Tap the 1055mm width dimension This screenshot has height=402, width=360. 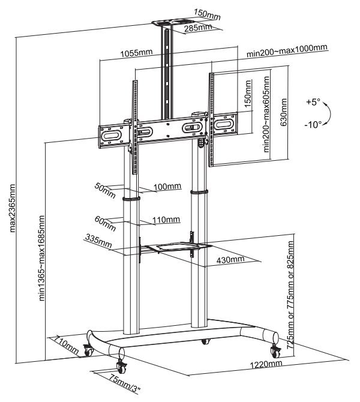tap(137, 53)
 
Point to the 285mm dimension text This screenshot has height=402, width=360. tap(199, 27)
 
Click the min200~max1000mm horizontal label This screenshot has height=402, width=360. tap(287, 47)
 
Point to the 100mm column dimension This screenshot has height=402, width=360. tap(166, 187)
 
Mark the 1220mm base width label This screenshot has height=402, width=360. tap(266, 364)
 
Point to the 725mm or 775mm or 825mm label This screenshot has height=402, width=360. tap(291, 295)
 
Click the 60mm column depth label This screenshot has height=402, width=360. tap(107, 224)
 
